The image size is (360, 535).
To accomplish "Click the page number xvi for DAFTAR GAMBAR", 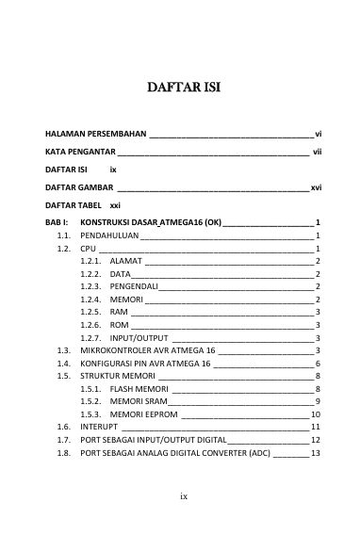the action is [316, 187].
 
